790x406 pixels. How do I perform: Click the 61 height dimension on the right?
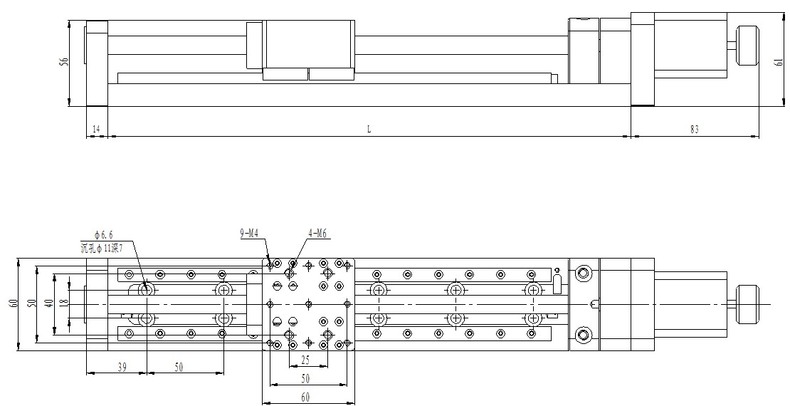tap(778, 61)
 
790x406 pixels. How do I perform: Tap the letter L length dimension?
tap(369, 130)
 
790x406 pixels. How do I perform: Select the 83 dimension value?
tap(695, 130)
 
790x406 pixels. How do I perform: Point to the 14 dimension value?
tap(96, 130)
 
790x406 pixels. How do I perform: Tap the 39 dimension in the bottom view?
tap(122, 367)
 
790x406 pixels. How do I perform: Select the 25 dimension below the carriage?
tap(305, 360)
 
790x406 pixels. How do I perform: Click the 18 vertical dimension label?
tap(63, 303)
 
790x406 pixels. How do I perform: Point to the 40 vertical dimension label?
tap(48, 303)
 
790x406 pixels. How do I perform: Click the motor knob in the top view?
tap(748, 304)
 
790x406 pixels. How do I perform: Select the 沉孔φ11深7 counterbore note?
tap(102, 247)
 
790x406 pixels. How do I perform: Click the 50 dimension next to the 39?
tap(178, 367)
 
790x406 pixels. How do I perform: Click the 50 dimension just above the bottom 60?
tap(305, 378)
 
